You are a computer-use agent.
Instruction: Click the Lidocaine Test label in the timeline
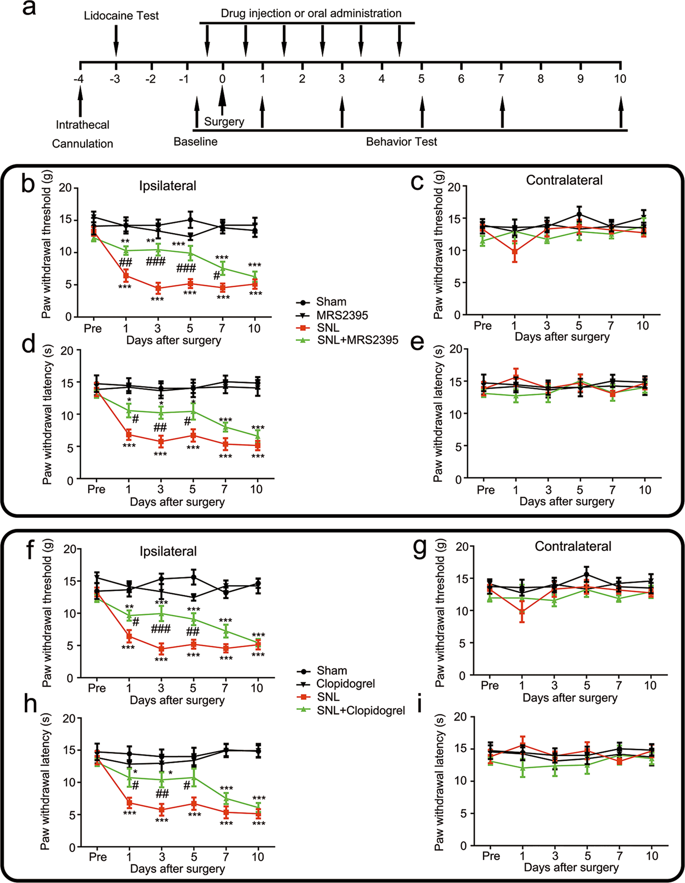(121, 16)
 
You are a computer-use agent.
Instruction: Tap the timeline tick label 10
(620, 79)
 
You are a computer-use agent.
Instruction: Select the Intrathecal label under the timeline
(83, 125)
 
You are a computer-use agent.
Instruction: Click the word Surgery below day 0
(224, 122)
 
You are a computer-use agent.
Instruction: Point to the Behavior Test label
(402, 142)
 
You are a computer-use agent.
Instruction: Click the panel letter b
(28, 184)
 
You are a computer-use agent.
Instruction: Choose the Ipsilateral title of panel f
(168, 551)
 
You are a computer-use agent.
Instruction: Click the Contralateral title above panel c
(564, 180)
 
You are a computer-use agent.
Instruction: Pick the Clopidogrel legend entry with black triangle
(346, 684)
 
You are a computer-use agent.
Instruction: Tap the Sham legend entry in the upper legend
(331, 302)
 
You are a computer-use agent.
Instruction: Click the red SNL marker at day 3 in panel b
(159, 288)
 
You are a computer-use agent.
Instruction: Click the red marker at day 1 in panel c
(515, 252)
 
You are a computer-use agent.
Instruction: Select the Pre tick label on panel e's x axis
(486, 490)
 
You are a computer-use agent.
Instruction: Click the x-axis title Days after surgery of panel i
(571, 867)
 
